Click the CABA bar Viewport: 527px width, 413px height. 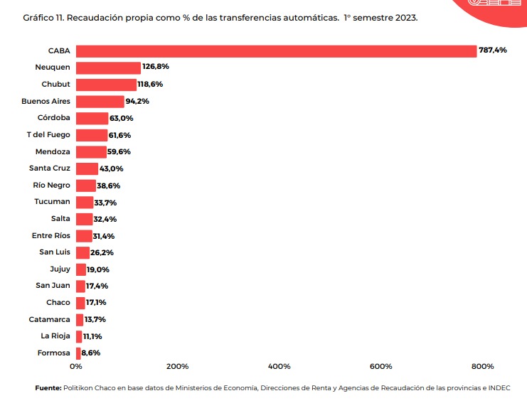276,51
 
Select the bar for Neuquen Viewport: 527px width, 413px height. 108,68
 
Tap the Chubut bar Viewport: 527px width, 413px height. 106,85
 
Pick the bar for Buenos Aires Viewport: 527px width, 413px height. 100,102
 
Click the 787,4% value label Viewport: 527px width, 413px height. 492,50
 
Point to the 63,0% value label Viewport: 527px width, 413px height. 121,118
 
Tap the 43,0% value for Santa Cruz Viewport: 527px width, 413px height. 112,168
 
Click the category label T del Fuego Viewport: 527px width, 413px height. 48,135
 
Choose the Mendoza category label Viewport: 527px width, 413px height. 53,151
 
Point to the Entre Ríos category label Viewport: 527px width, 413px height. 51,236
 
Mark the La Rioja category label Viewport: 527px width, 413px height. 55,336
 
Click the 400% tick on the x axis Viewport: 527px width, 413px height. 279,367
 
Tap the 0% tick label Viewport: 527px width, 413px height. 76,367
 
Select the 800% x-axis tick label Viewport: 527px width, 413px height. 482,367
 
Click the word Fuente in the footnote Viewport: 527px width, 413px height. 48,388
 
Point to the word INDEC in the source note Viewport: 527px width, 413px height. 499,388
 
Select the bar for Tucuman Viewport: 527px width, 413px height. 85,202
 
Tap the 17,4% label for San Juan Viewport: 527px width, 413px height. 97,286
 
